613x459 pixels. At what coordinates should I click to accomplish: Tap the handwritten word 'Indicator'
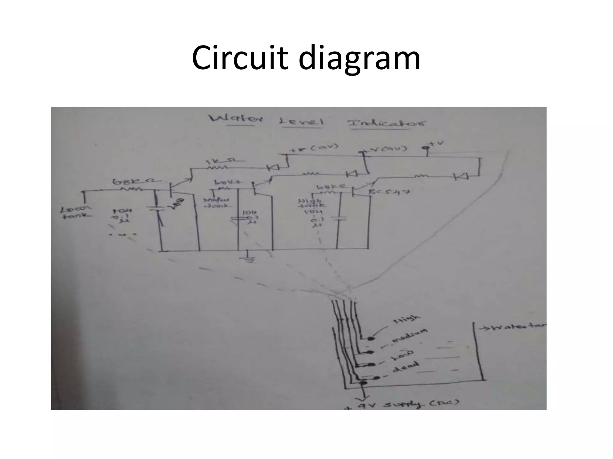coord(387,123)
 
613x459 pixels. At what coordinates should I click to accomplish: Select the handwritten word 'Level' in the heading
coord(301,122)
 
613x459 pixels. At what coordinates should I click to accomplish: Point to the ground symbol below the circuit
coord(249,258)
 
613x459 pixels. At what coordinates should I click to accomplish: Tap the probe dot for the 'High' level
coord(371,339)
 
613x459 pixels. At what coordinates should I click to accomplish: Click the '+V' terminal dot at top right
coord(427,148)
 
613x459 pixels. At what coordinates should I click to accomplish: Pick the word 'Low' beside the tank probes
coord(403,354)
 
